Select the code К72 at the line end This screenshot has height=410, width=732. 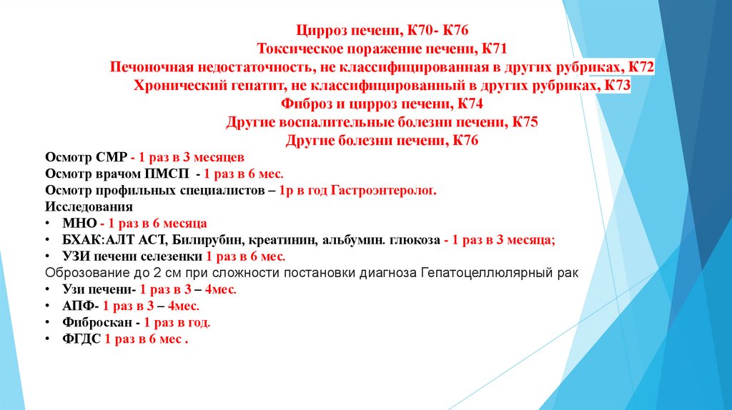click(641, 68)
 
